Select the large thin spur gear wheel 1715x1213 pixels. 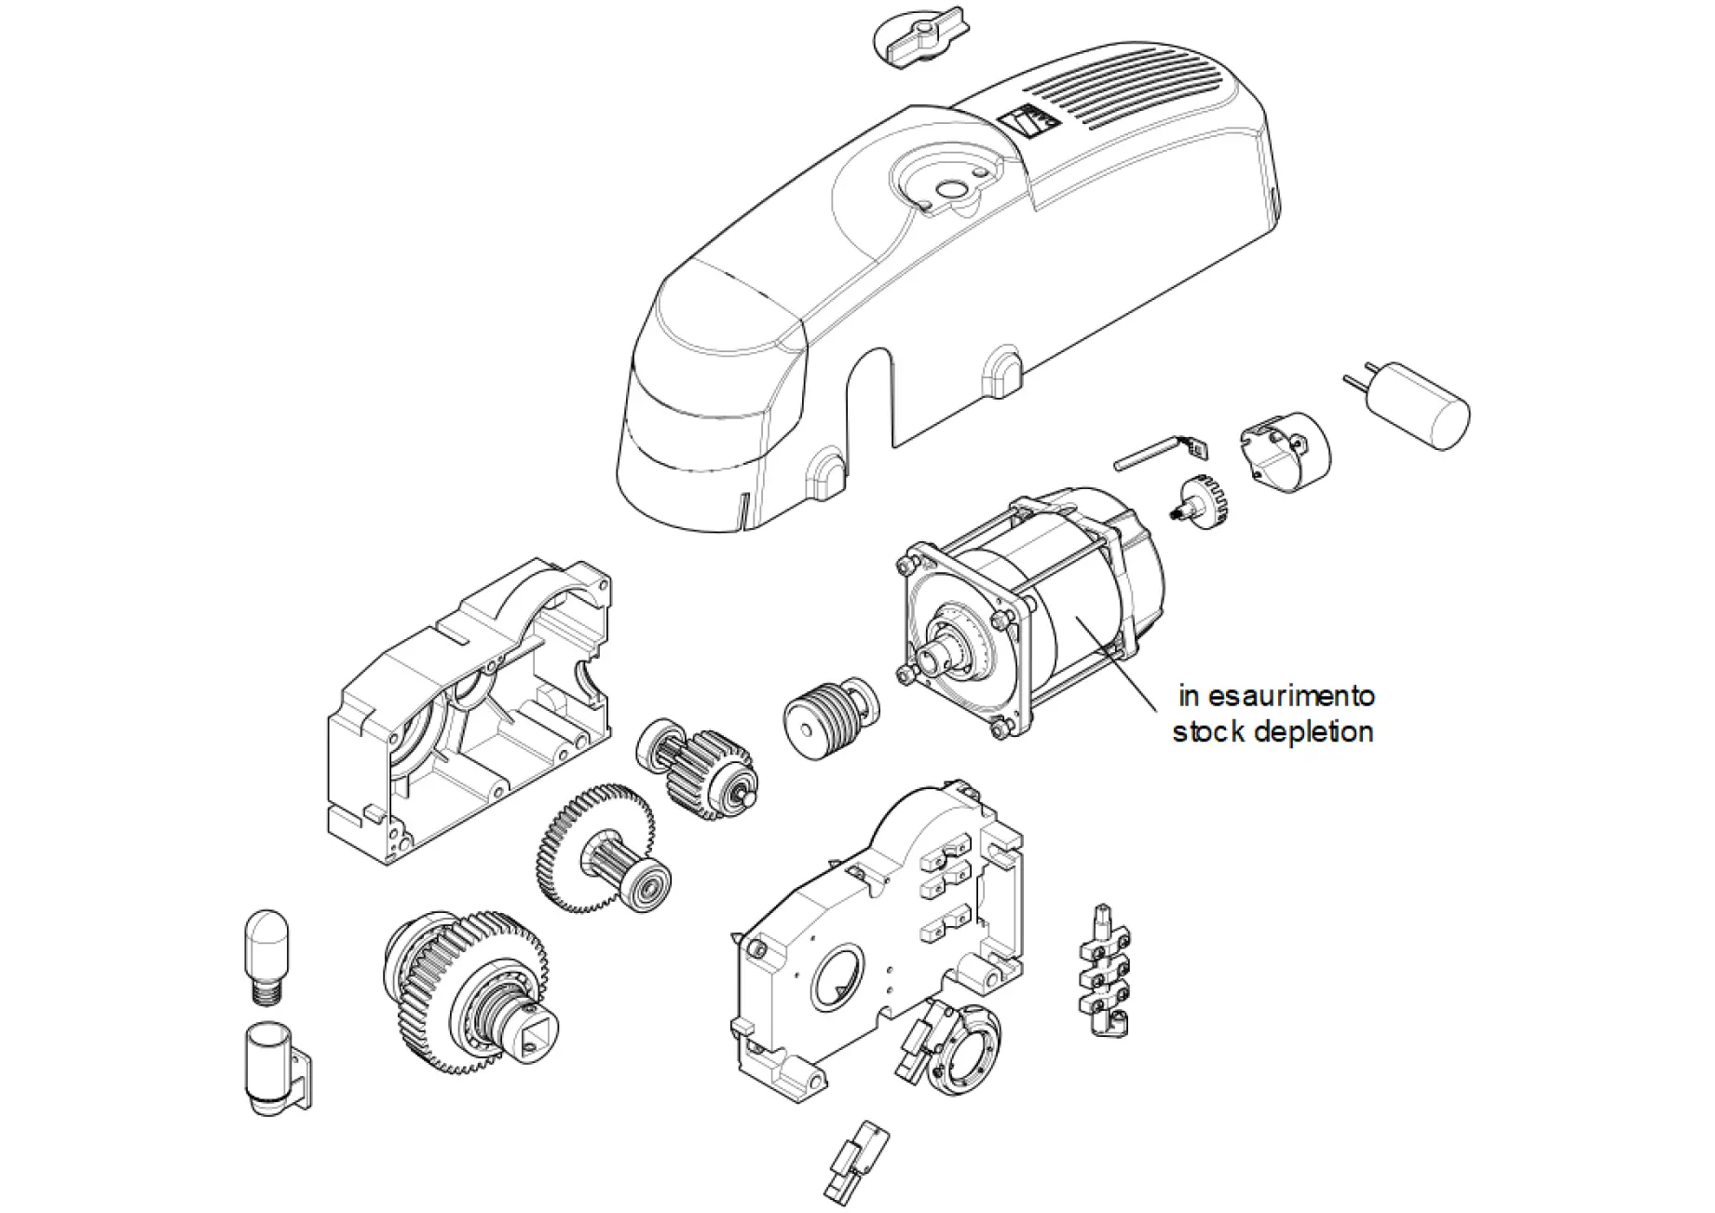tap(596, 848)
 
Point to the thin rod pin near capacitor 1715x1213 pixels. tap(1146, 453)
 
